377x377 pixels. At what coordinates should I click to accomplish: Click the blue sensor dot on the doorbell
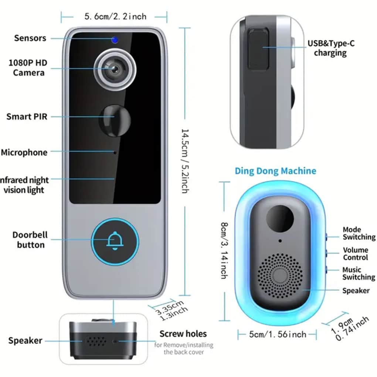coord(115,40)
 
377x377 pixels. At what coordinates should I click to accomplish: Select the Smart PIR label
coord(27,117)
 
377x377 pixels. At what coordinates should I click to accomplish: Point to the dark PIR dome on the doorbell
coord(115,119)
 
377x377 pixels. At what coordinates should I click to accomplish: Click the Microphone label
coord(24,152)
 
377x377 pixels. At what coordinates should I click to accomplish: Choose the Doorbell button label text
coord(30,240)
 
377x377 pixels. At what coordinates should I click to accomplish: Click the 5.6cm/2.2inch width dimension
coord(115,16)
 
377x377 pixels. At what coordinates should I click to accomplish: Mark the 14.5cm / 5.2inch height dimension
coord(185,161)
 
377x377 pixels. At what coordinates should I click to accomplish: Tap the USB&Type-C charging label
coord(331,48)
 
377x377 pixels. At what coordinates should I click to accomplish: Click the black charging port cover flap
coord(258,50)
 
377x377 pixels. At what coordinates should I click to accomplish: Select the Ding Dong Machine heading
coord(275,171)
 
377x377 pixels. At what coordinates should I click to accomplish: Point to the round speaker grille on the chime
coord(280,275)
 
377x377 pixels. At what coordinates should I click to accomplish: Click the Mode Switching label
coord(359,233)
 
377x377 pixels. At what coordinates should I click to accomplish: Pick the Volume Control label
coord(355,254)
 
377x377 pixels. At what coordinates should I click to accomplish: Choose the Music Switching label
coord(358,274)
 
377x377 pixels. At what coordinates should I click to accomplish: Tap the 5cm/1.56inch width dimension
coord(278,334)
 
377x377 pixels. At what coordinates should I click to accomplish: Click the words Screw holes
coord(183,334)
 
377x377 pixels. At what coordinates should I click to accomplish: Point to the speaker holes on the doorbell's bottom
coord(95,341)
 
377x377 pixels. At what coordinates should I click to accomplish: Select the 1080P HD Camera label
coord(28,67)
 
